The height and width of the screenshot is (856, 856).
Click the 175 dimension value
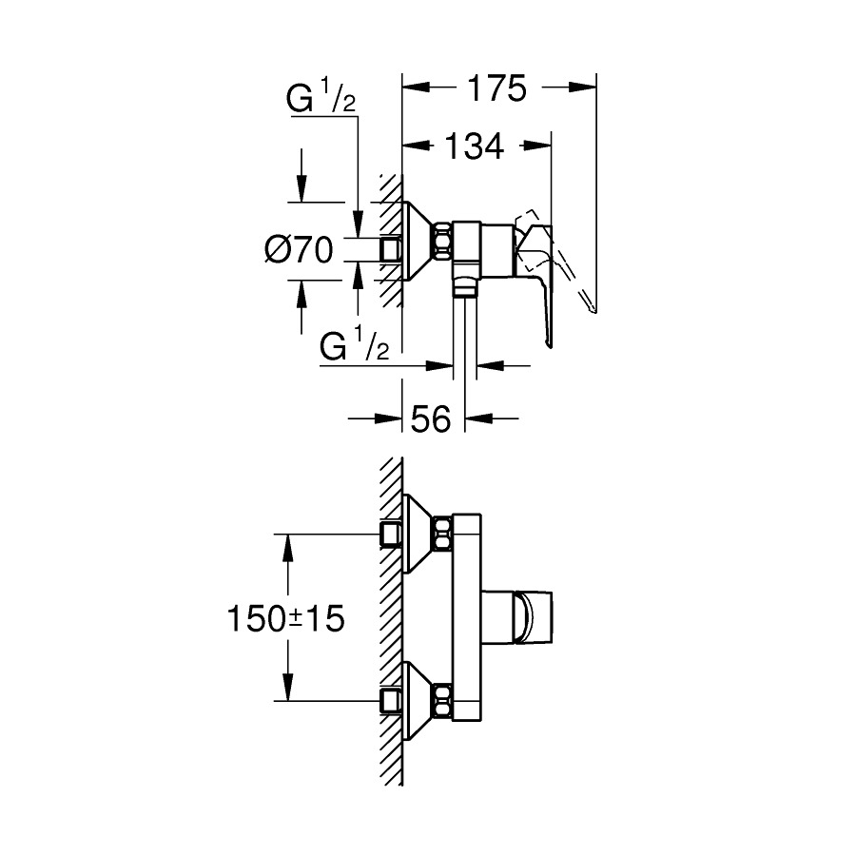(496, 89)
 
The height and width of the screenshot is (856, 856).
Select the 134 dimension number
(475, 146)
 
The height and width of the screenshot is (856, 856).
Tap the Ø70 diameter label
(298, 250)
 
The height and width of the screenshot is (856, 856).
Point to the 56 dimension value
(430, 418)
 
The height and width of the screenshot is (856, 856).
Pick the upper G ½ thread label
(321, 99)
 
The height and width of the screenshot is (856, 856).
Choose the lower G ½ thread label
(354, 348)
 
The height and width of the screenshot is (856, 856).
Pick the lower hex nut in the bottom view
(442, 701)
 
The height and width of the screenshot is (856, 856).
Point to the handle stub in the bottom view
(519, 618)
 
